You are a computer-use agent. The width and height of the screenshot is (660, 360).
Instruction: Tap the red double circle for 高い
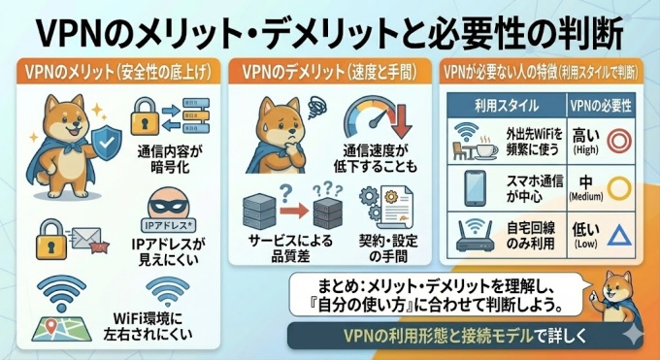tap(619, 141)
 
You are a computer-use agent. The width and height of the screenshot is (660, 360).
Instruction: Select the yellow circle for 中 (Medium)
tap(619, 188)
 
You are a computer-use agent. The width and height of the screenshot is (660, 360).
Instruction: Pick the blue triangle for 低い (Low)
tap(619, 235)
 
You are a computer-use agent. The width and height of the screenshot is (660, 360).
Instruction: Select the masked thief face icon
tap(168, 203)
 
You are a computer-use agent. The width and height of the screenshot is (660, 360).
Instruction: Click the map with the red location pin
tap(61, 328)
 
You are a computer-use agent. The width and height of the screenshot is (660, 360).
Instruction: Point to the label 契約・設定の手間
tap(387, 248)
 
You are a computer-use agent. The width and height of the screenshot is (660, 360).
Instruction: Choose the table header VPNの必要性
tap(601, 106)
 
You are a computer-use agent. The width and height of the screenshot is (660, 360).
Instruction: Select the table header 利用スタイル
tap(507, 106)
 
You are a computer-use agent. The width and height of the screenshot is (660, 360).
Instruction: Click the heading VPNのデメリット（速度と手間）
tap(330, 73)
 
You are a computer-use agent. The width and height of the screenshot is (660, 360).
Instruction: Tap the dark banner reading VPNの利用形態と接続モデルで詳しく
tap(465, 336)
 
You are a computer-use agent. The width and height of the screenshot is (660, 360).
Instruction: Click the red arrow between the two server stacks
tap(294, 211)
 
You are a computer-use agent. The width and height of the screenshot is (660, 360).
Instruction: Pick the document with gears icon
tap(388, 207)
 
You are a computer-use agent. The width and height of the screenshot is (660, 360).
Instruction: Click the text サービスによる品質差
tap(290, 248)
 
